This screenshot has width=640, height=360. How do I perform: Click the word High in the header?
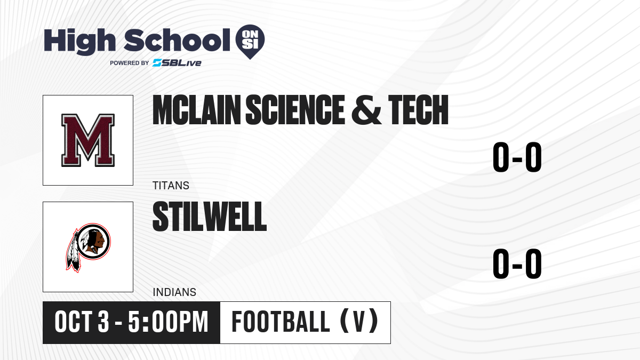79,41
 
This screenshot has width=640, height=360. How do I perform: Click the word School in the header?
177,40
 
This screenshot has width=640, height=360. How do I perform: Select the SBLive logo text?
177,63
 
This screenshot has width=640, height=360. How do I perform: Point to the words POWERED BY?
130,63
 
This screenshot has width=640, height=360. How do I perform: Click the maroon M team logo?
88,140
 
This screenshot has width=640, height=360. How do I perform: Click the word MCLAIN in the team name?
197,110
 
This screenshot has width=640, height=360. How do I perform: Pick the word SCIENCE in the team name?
295,110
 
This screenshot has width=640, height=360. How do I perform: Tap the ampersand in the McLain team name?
366,110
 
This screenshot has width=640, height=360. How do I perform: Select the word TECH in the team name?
418,110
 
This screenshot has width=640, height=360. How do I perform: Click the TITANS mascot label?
171,186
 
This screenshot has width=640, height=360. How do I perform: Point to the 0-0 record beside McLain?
517,157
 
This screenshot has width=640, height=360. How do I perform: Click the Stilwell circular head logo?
94,242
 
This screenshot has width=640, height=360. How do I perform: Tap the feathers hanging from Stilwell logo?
73,251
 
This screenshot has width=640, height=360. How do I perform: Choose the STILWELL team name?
210,217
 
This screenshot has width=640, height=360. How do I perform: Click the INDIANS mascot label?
174,292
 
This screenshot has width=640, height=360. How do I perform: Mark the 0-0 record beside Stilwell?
517,263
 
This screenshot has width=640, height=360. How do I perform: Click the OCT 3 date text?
82,322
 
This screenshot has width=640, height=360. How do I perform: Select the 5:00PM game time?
168,322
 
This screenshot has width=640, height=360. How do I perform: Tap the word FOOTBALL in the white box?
281,322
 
